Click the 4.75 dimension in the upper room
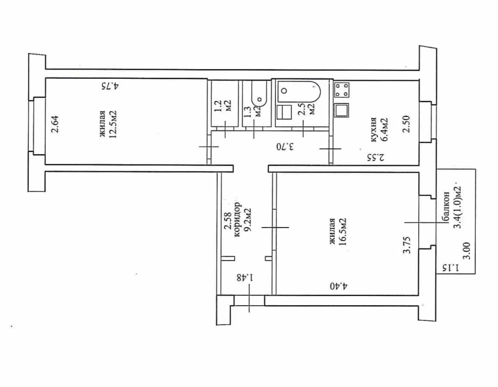click(111, 86)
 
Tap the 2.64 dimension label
click(55, 124)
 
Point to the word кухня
click(374, 130)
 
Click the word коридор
click(237, 219)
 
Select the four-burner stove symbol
click(342, 90)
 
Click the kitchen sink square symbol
click(342, 110)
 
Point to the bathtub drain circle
click(284, 91)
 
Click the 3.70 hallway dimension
click(284, 146)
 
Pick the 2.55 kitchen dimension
click(376, 158)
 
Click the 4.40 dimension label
click(338, 286)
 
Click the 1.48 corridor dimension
click(246, 278)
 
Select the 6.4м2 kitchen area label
click(384, 130)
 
